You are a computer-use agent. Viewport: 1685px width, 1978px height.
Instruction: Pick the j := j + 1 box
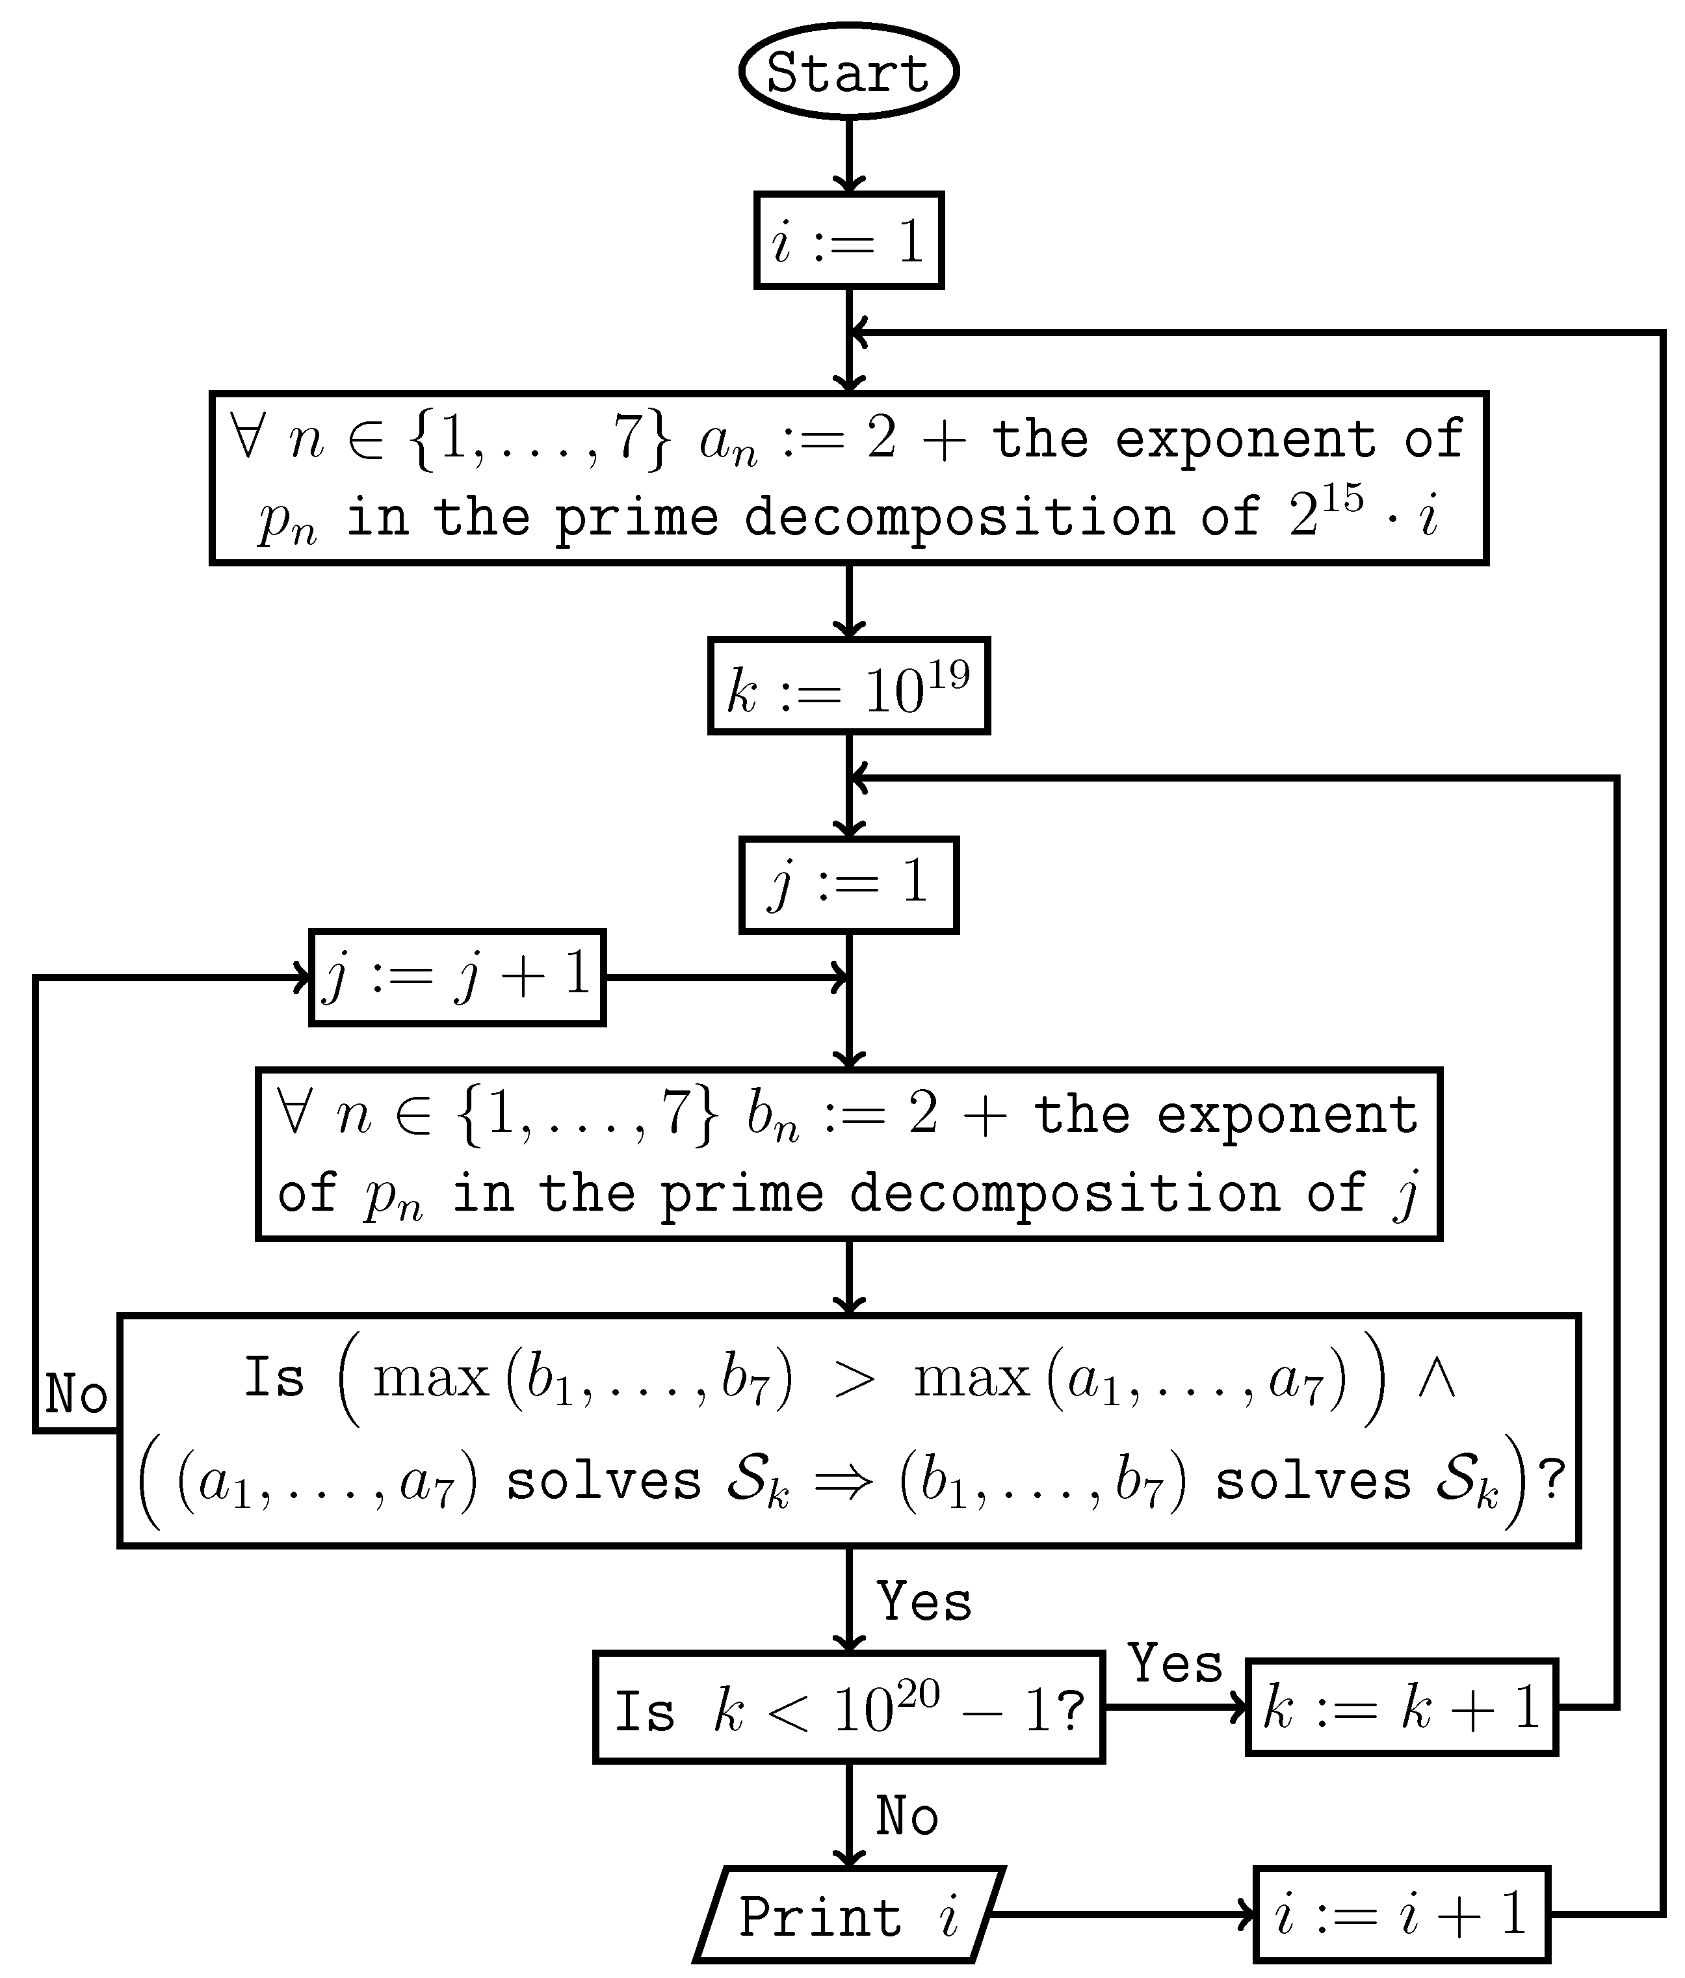pyautogui.click(x=457, y=977)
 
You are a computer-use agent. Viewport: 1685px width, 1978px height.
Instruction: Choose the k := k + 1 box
pyautogui.click(x=1402, y=1707)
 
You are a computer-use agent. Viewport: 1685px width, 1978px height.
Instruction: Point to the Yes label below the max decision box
pyautogui.click(x=924, y=1602)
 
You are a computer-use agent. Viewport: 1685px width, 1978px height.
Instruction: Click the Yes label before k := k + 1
pyautogui.click(x=1175, y=1664)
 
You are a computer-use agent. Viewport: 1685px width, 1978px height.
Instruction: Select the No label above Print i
pyautogui.click(x=907, y=1815)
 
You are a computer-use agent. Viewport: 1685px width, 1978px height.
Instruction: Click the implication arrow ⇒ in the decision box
pyautogui.click(x=844, y=1483)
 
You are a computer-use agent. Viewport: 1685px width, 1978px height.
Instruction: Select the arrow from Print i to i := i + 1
pyautogui.click(x=1122, y=1915)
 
